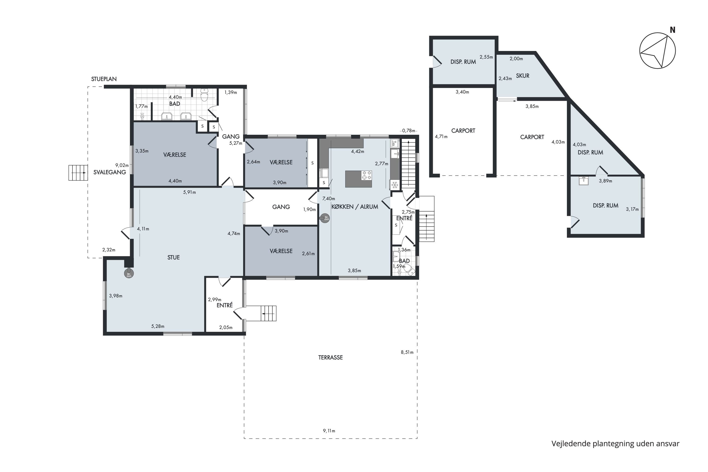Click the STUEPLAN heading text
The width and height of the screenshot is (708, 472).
click(104, 79)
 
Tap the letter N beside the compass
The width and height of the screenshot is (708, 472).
click(672, 30)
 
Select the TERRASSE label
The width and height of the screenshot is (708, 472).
click(331, 358)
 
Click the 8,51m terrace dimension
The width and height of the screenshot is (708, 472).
click(407, 352)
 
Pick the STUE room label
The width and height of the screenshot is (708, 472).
click(173, 257)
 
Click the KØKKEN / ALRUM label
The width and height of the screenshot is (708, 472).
click(355, 207)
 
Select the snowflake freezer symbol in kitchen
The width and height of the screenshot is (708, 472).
click(395, 184)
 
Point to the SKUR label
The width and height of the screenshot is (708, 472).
click(523, 76)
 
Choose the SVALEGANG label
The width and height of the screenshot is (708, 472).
click(110, 172)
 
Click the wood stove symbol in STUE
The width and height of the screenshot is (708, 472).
click(129, 273)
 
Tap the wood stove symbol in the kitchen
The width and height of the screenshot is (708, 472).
click(325, 218)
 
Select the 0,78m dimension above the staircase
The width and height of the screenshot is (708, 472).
click(409, 131)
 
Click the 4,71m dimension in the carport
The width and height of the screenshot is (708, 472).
click(441, 137)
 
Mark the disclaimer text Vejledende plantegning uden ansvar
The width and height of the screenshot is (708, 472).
click(615, 444)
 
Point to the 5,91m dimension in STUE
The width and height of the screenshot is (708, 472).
click(189, 192)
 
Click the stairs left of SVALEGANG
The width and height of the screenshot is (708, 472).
click(78, 173)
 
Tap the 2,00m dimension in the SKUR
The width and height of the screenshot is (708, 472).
click(516, 59)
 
